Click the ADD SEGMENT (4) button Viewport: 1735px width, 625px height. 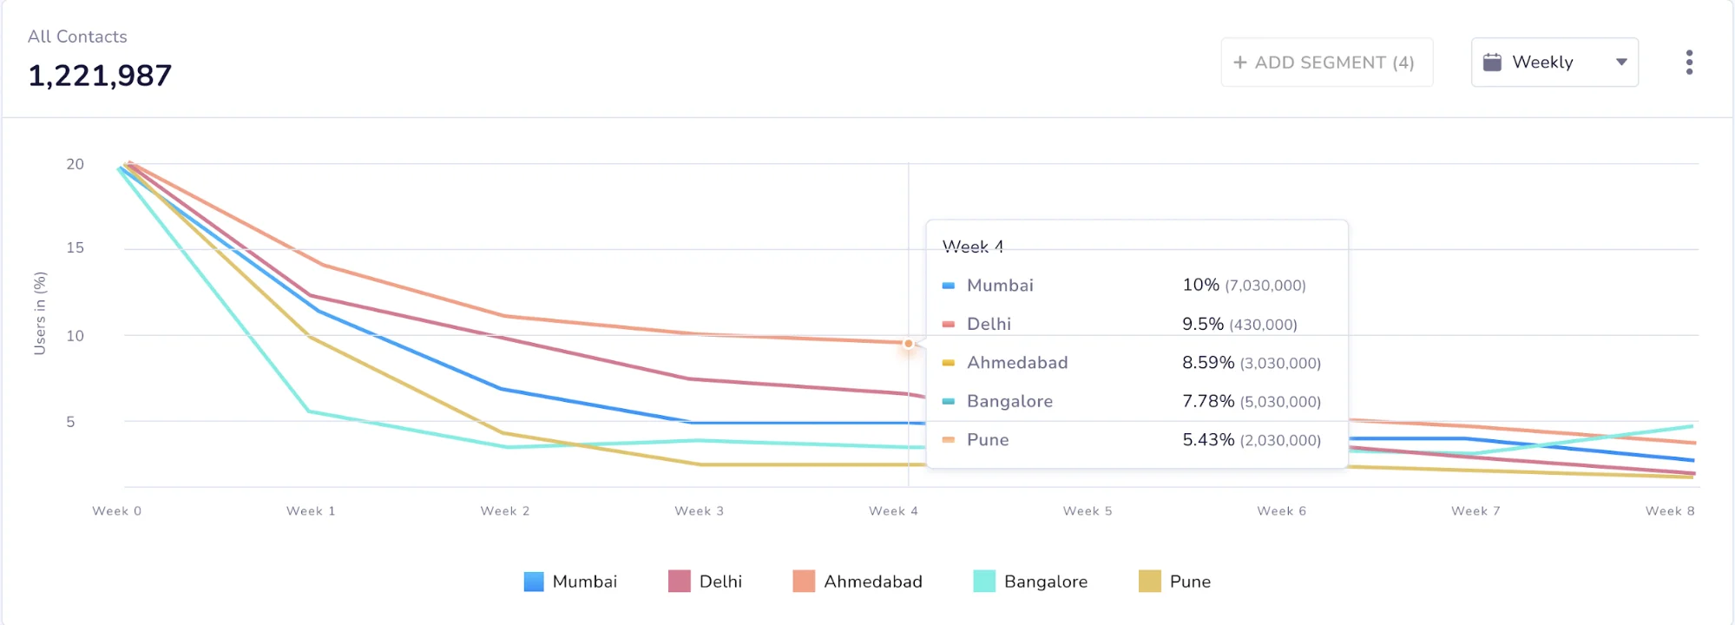1325,62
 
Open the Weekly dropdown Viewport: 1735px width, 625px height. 1554,62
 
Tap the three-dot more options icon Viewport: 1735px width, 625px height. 1688,62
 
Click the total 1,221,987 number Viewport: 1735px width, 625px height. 100,76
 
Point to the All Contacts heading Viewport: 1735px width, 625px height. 77,36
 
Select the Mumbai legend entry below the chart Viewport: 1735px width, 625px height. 570,582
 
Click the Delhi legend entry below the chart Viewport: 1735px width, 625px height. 705,582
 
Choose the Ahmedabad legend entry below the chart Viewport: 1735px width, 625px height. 858,582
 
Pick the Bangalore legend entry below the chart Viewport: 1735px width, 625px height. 1030,582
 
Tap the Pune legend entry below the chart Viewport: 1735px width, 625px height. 1174,582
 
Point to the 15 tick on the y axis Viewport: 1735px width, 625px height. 76,248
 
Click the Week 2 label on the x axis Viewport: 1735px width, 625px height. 505,511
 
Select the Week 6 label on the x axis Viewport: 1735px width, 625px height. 1281,511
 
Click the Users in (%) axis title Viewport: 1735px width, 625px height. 40,313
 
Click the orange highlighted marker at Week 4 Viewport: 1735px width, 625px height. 908,344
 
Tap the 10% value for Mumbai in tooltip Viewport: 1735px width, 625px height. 1200,285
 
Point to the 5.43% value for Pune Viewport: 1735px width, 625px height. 1207,440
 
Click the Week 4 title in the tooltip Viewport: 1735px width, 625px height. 973,247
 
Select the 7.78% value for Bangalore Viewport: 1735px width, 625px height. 1207,401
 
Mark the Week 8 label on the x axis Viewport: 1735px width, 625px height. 1669,511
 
